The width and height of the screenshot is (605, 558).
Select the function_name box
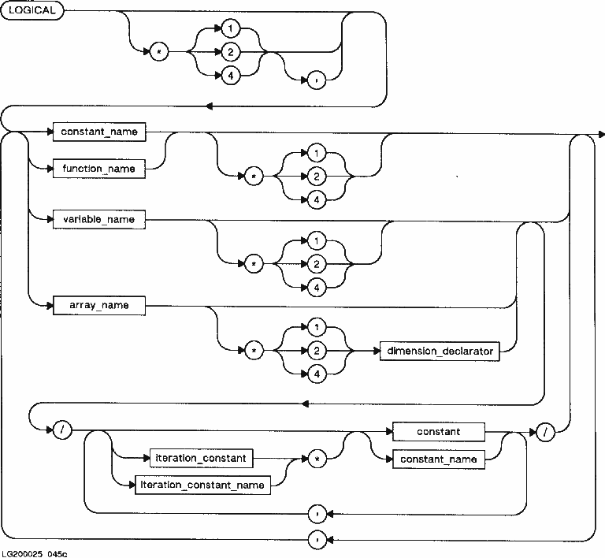pyautogui.click(x=99, y=169)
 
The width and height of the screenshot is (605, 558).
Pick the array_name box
pyautogui.click(x=99, y=304)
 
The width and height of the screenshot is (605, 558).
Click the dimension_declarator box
pyautogui.click(x=440, y=352)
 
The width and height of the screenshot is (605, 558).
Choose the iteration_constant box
pyautogui.click(x=201, y=458)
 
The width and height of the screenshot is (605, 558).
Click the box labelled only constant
pyautogui.click(x=439, y=432)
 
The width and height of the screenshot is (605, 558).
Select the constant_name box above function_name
pyautogui.click(x=99, y=132)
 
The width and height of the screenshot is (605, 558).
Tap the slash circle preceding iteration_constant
pyautogui.click(x=61, y=431)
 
